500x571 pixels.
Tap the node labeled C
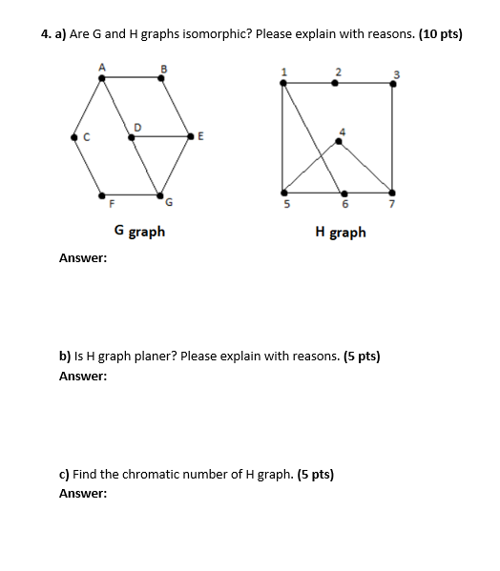coord(74,137)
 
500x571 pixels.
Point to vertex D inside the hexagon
coord(132,137)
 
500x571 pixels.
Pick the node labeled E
coord(193,137)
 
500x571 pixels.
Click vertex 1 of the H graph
coord(282,83)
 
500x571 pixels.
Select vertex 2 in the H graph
coord(333,83)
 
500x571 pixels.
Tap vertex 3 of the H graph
coord(392,83)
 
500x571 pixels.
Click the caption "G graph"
coord(139,231)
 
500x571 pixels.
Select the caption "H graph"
coord(340,232)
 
